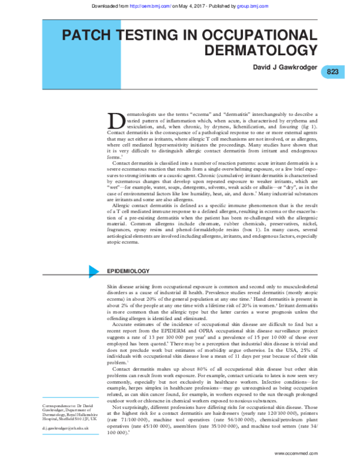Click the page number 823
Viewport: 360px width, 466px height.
[x=333, y=71]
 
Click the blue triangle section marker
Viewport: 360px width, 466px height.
[x=93, y=271]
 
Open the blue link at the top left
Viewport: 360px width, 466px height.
[x=151, y=5]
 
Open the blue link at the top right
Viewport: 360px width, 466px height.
[x=252, y=5]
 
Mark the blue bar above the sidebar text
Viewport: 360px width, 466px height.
[x=71, y=398]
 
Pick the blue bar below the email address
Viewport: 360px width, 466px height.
[x=71, y=434]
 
